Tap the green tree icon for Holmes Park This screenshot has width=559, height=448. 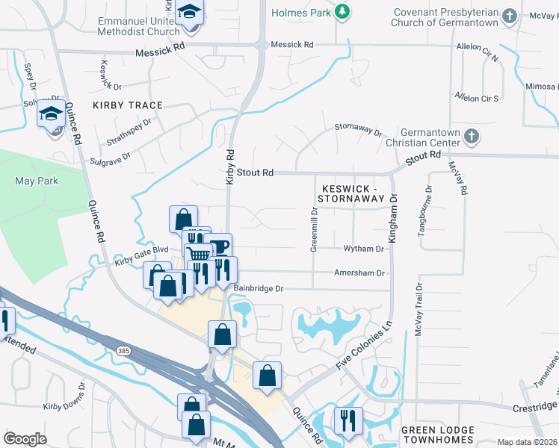342,12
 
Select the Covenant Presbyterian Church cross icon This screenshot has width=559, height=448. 509,16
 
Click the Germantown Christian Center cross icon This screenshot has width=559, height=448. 471,137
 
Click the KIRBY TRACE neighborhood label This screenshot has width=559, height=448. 128,105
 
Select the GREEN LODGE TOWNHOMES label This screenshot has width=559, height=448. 437,435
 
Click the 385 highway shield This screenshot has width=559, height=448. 121,349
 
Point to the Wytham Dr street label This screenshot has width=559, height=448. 363,249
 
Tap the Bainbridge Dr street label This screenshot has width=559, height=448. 259,288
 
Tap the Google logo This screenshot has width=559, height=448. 24,438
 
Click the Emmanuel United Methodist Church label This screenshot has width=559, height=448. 138,26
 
